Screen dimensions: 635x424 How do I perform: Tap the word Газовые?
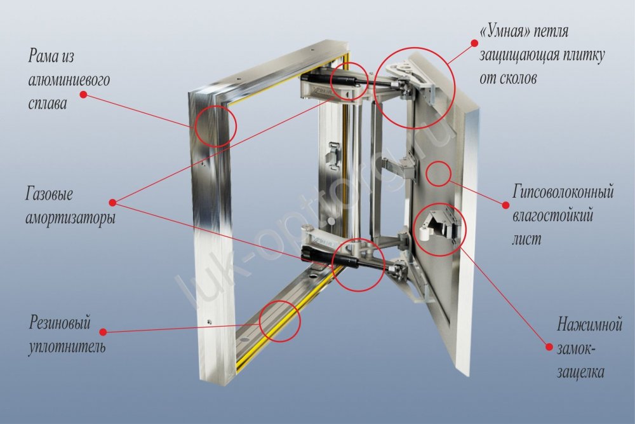tap(50, 194)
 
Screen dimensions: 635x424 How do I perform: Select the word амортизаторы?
tap(70, 219)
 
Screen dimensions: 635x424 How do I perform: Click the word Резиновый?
tap(60, 323)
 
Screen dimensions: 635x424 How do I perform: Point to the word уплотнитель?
tap(67, 348)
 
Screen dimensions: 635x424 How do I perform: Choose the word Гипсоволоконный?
tap(563, 191)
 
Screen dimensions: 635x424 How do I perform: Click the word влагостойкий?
tap(552, 215)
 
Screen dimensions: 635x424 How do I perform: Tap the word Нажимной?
tap(590, 325)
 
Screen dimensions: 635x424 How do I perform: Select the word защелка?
tap(580, 372)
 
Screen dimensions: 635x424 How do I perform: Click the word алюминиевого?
tap(69, 80)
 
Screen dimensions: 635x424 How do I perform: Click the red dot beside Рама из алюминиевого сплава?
tap(84, 95)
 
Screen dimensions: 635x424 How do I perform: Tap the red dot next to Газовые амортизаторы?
tap(113, 202)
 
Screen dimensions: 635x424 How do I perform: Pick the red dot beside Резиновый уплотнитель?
tap(103, 332)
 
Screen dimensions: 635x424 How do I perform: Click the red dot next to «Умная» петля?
tap(473, 43)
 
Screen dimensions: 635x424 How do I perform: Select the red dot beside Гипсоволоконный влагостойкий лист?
tap(506, 205)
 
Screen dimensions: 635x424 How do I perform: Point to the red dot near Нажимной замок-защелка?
tap(549, 346)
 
